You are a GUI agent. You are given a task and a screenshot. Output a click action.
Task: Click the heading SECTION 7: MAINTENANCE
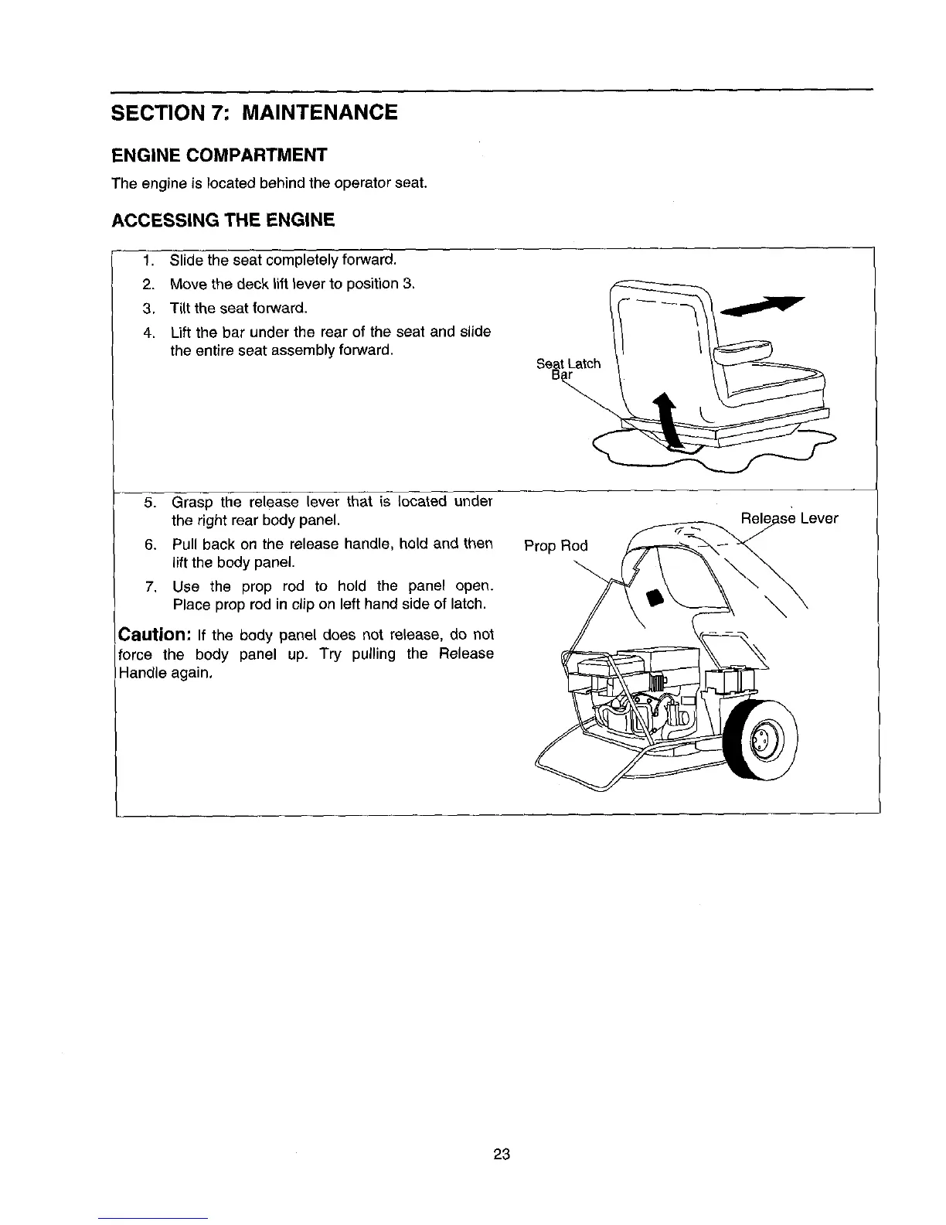coord(255,113)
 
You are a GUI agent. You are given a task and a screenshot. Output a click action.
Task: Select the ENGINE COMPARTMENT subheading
coord(219,155)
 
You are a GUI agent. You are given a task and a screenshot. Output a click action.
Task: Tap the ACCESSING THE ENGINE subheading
coord(223,220)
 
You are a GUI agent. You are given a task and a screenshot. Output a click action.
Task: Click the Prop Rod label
coord(556,546)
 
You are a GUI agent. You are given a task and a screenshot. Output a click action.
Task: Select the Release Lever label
coord(789,518)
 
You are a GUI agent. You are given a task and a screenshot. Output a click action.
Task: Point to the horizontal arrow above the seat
coord(762,305)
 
